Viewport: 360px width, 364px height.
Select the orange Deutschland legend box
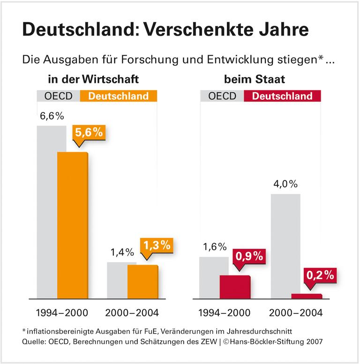coord(119,96)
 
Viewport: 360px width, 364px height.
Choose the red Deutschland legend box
coord(282,96)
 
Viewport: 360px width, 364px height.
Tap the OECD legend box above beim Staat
coord(222,96)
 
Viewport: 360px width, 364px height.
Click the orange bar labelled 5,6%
coord(72,225)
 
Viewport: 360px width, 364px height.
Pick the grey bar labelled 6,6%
coord(47,211)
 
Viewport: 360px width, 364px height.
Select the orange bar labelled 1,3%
coord(142,281)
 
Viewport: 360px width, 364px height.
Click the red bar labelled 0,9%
coord(235,286)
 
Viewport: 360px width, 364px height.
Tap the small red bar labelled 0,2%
coord(307,296)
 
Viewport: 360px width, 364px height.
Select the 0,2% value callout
coord(320,275)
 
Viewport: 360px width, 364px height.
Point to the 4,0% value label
coord(285,184)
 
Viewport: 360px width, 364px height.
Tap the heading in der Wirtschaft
coord(93,80)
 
